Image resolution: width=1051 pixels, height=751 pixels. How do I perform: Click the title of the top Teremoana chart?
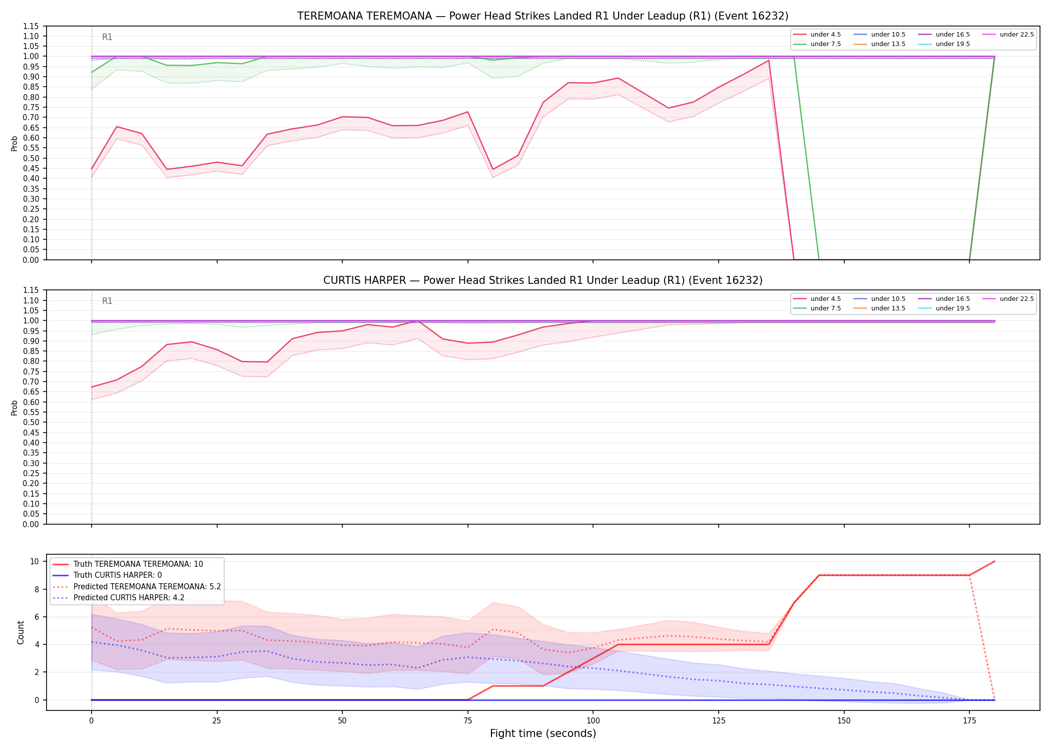click(x=543, y=16)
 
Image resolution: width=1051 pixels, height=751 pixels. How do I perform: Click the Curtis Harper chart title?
click(x=543, y=280)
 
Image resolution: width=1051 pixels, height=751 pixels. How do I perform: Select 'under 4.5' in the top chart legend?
click(x=826, y=35)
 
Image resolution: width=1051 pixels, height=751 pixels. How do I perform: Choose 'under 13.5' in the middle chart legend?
click(x=888, y=308)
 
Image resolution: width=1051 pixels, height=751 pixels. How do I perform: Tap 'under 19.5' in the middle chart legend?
click(x=953, y=308)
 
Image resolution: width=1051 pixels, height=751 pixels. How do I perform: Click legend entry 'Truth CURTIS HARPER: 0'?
click(x=118, y=575)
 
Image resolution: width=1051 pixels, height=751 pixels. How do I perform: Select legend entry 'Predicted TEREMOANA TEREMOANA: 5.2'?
click(x=147, y=586)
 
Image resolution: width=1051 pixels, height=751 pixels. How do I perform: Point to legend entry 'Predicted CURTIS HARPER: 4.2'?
click(x=129, y=597)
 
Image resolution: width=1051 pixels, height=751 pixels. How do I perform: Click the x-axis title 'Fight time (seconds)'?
click(x=543, y=733)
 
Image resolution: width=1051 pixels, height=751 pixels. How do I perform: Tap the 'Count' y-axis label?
click(x=21, y=632)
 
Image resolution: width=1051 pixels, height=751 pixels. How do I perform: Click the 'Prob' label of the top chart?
click(x=15, y=143)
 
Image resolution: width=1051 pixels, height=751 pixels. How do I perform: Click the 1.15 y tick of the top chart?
click(x=32, y=26)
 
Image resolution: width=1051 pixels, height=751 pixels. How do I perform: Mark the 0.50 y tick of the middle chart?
click(x=32, y=423)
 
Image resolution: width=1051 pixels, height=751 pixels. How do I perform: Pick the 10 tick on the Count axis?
click(x=35, y=561)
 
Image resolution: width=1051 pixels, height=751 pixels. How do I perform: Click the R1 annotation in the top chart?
click(x=107, y=37)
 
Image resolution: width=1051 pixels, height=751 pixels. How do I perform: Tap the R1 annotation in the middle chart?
click(x=107, y=301)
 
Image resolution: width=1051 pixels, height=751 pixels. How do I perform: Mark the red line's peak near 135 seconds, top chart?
click(x=768, y=61)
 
